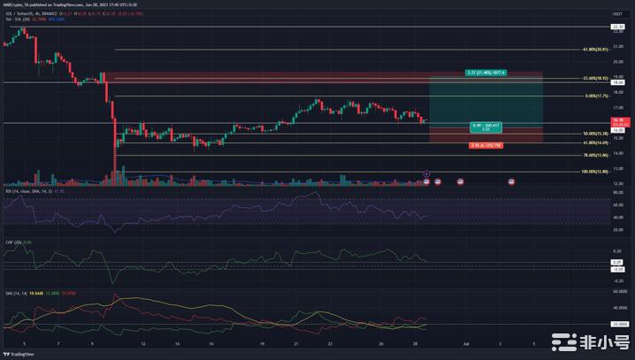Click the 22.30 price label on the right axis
tap(617, 27)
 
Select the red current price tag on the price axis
tap(618, 120)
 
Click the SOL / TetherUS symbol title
tap(19, 14)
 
